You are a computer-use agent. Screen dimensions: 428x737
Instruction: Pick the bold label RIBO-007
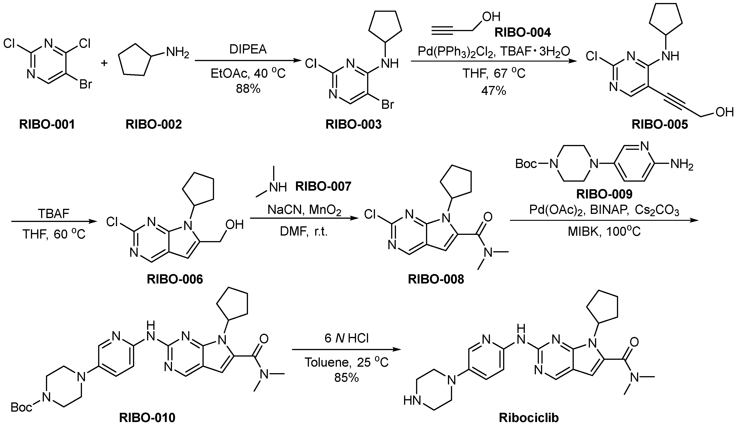coord(323,186)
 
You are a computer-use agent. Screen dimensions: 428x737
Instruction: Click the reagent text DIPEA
coord(248,50)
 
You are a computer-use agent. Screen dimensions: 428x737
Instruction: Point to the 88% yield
coord(248,89)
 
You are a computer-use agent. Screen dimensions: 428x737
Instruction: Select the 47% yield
coord(494,91)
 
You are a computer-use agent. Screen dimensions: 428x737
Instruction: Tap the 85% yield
coord(347,378)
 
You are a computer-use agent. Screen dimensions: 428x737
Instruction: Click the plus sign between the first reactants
coord(104,63)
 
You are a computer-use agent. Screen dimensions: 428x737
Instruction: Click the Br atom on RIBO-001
coord(86,85)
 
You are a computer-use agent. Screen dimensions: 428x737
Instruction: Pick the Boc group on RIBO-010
coord(21,407)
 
